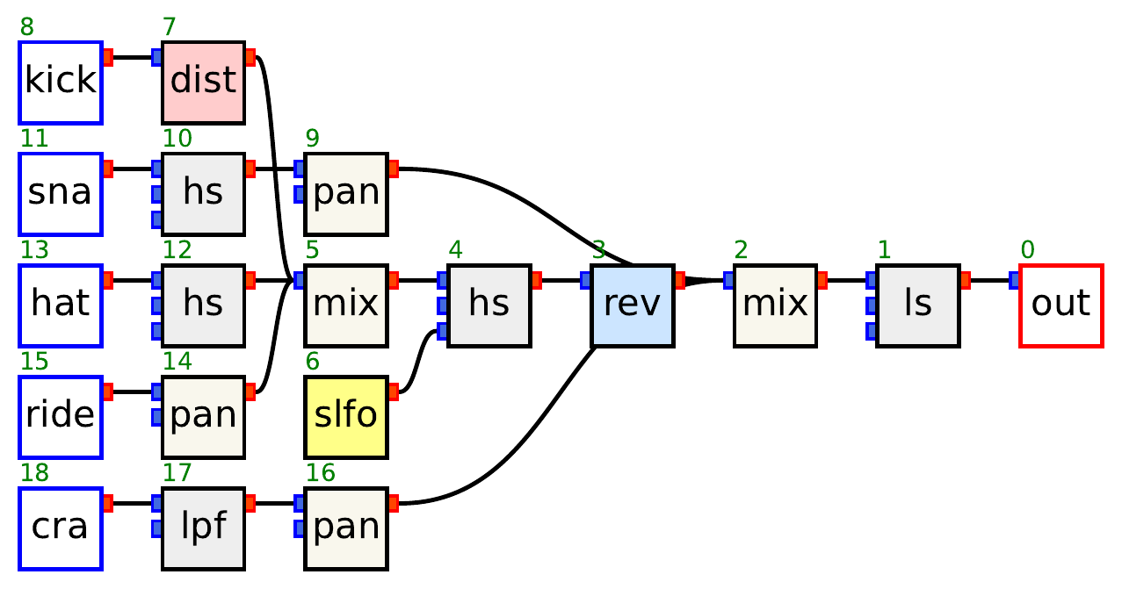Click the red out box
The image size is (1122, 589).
1060,305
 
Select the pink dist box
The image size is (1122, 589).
203,82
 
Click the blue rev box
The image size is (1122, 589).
632,305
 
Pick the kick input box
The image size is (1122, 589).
61,82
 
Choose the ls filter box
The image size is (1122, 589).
917,305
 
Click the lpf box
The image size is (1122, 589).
203,528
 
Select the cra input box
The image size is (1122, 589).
61,528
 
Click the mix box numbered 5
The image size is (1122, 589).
346,305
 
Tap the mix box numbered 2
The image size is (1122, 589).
775,305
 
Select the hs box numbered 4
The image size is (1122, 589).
489,305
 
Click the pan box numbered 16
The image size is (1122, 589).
346,528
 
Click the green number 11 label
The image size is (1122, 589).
33,139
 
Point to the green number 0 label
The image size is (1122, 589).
1027,250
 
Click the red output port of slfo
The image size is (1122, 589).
393,391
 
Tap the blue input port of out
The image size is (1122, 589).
1015,280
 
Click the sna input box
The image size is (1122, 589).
61,194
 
